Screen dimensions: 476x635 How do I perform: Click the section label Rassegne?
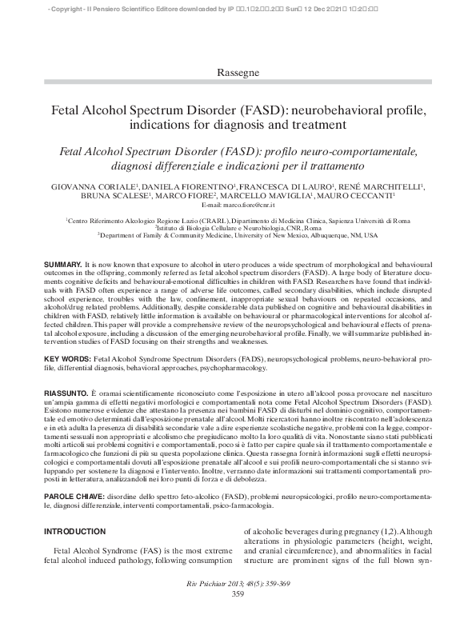click(238, 73)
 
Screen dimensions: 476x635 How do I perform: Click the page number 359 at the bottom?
click(238, 593)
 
